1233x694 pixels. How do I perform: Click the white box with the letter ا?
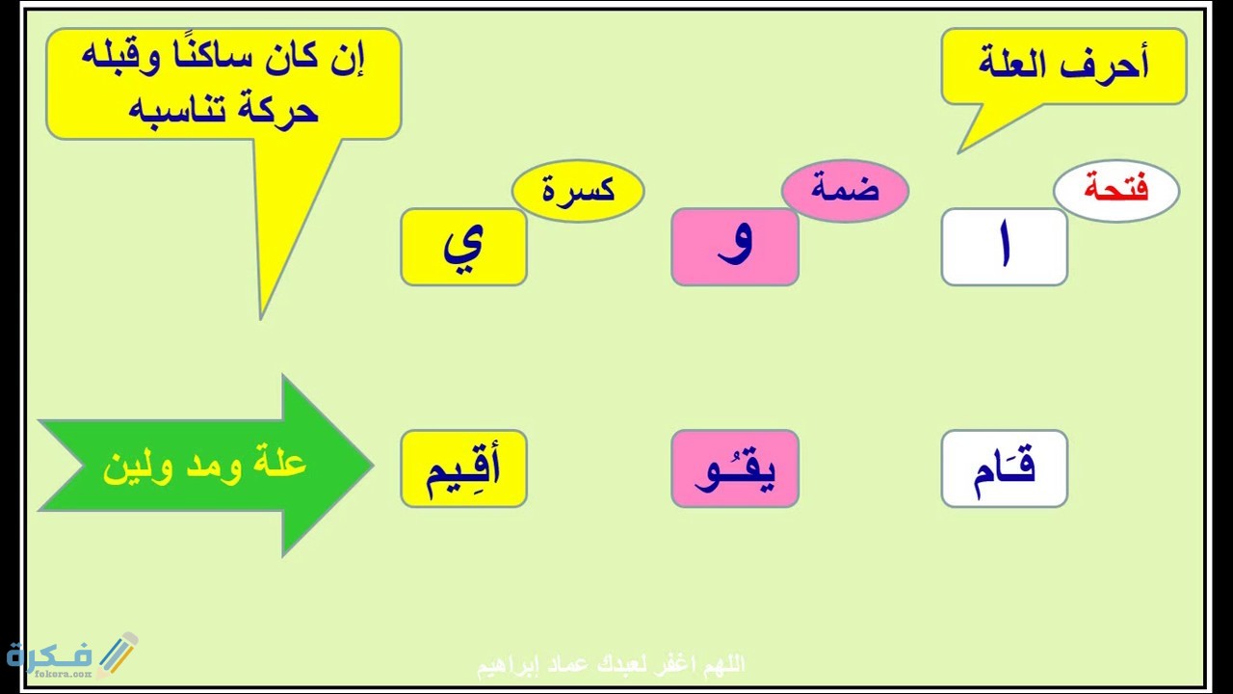coord(1004,247)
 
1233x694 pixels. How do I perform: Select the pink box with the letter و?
coord(735,247)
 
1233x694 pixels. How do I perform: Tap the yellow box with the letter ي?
coord(463,247)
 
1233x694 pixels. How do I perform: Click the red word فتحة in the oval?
coord(1115,189)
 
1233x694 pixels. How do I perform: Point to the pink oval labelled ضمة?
coord(845,189)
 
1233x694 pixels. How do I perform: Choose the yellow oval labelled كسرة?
coord(578,189)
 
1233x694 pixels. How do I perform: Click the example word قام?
coord(1004,468)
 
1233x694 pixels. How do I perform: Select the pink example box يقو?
coord(735,468)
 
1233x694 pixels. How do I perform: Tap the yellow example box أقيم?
coord(463,468)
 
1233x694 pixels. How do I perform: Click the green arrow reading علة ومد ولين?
coord(204,466)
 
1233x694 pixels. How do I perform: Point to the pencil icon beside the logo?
coord(117,653)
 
